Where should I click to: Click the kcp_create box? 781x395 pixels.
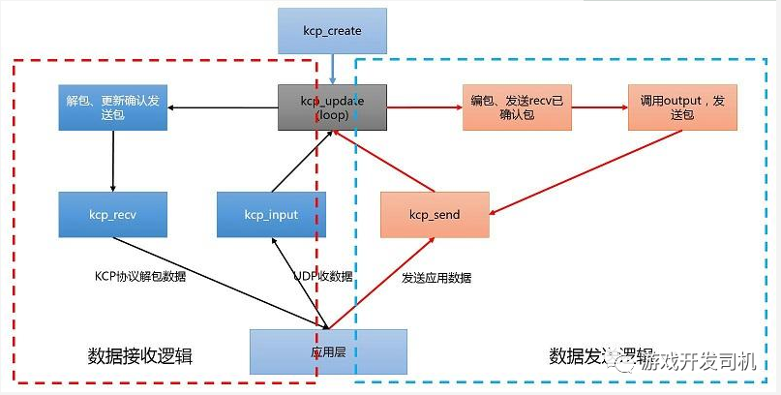pyautogui.click(x=331, y=31)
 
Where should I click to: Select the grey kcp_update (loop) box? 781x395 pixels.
pyautogui.click(x=331, y=106)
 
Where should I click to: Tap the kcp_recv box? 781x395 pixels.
pyautogui.click(x=112, y=213)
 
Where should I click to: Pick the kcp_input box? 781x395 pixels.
pyautogui.click(x=271, y=213)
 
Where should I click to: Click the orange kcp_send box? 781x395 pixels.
pyautogui.click(x=433, y=213)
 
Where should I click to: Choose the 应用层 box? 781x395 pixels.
pyautogui.click(x=328, y=351)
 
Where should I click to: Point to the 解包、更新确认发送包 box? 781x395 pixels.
pyautogui.click(x=112, y=106)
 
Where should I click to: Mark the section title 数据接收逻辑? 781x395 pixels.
pyautogui.click(x=140, y=356)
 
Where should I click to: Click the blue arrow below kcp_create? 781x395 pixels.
pyautogui.click(x=332, y=69)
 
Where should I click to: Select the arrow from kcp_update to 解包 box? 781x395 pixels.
pyautogui.click(x=223, y=106)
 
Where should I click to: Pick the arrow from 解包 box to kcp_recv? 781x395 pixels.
pyautogui.click(x=113, y=161)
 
